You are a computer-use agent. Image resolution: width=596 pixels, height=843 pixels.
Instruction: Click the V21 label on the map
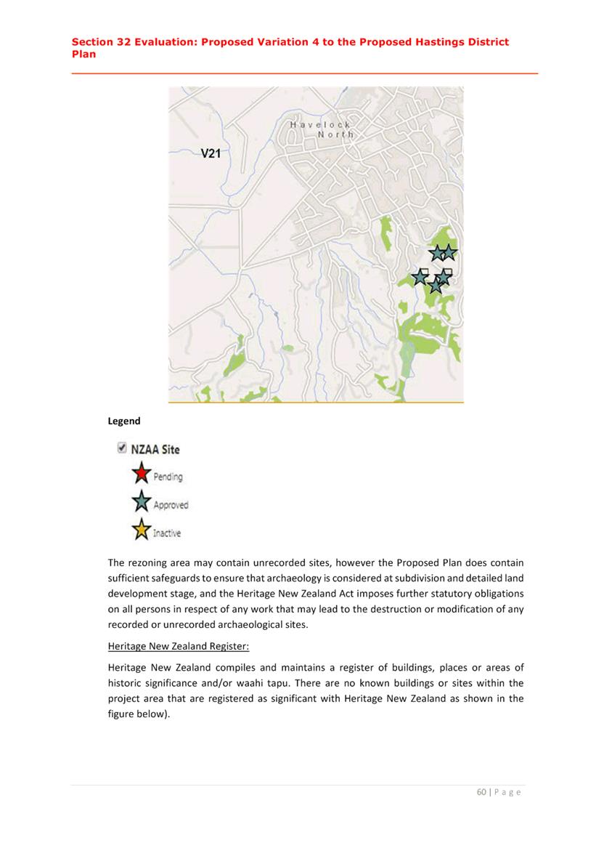pos(210,153)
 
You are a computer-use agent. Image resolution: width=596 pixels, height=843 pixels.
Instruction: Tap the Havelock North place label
pos(322,129)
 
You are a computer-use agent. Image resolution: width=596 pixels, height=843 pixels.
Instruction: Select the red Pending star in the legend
pos(141,475)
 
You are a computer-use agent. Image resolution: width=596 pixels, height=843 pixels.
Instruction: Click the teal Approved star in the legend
pos(141,503)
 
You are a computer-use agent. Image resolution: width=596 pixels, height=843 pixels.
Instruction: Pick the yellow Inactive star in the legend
pos(141,531)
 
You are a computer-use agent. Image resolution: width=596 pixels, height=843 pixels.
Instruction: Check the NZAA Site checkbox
pos(121,448)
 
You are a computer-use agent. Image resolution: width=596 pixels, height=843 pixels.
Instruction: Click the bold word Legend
pos(124,421)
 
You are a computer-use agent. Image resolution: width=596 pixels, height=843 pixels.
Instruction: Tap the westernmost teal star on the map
pos(420,277)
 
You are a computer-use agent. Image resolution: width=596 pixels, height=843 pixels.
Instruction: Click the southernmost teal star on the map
pos(435,286)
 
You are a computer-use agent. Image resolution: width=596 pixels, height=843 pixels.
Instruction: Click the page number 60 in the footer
pos(481,792)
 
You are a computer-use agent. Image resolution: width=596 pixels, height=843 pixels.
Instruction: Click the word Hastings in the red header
pos(427,42)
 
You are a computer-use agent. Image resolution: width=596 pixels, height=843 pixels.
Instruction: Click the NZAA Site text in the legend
pos(155,449)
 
